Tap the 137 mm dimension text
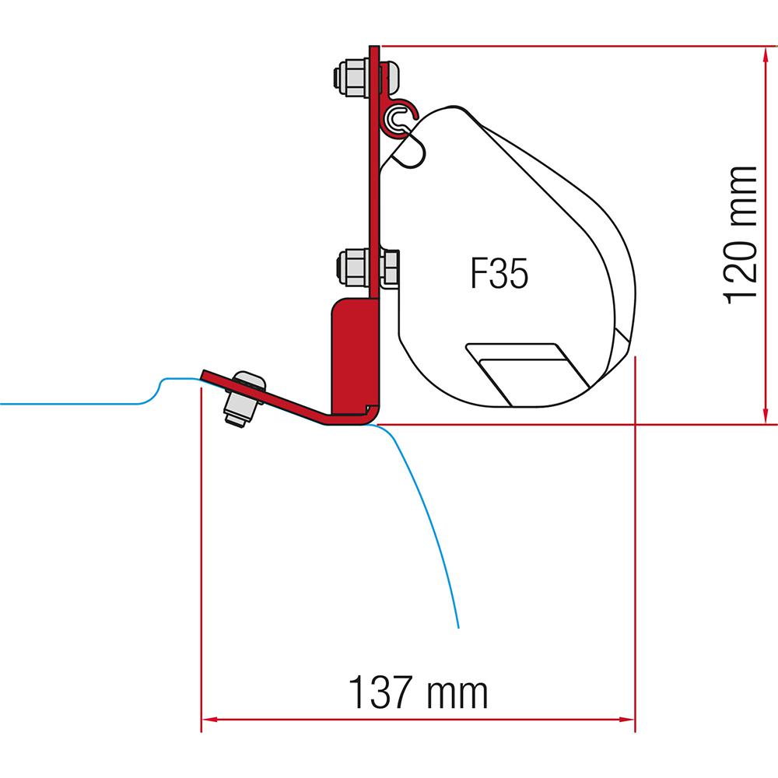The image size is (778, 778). [x=419, y=692]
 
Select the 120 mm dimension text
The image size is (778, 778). [x=741, y=235]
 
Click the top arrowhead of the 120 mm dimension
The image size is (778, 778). [x=766, y=53]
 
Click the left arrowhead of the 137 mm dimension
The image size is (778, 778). [x=210, y=719]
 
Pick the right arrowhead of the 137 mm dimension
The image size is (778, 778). [x=626, y=719]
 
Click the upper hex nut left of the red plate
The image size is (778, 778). [x=352, y=77]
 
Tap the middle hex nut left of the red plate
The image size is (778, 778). [x=353, y=268]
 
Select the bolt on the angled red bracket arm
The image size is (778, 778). [x=244, y=398]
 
